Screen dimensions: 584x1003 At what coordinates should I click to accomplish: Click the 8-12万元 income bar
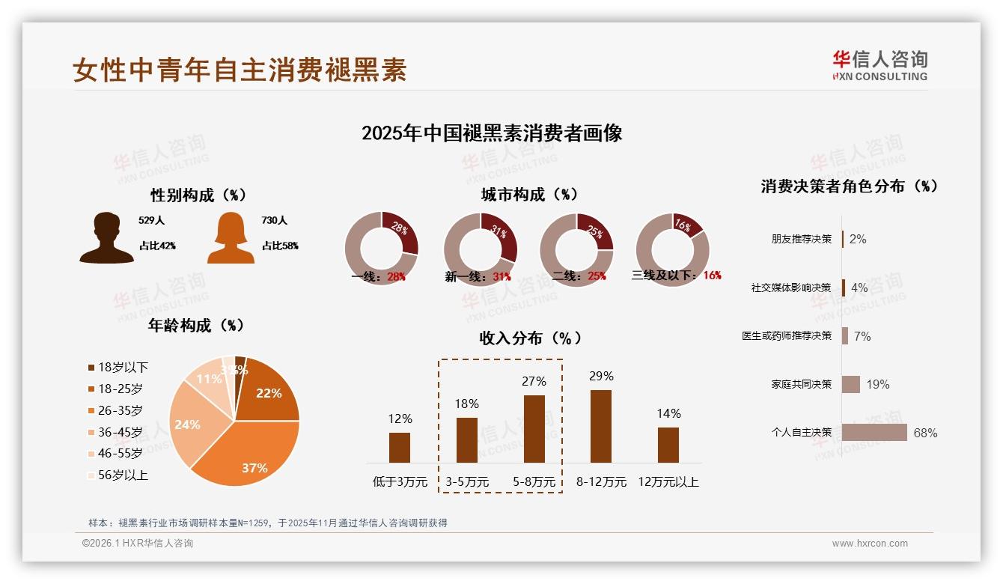[x=600, y=426]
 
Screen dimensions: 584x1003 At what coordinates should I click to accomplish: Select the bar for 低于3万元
[x=400, y=448]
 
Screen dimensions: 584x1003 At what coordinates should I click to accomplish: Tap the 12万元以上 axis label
[x=668, y=482]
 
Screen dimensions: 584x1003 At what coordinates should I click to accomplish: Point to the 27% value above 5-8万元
[x=534, y=381]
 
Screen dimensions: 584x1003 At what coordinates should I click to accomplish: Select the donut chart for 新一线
[x=480, y=249]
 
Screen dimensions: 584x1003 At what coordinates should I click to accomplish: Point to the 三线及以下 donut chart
[x=672, y=249]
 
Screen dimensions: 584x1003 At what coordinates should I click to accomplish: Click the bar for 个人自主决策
[x=874, y=433]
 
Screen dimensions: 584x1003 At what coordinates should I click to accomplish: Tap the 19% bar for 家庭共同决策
[x=851, y=384]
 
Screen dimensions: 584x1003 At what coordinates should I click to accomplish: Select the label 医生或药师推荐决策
[x=786, y=336]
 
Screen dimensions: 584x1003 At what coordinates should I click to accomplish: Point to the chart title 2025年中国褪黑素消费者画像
[x=492, y=133]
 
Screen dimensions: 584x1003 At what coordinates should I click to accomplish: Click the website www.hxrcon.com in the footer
[x=870, y=544]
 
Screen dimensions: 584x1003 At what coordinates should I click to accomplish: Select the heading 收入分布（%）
[x=531, y=338]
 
